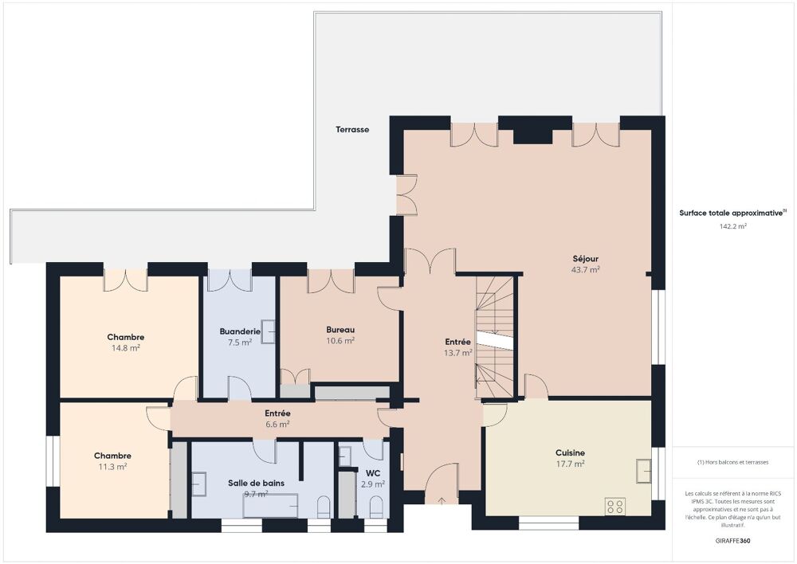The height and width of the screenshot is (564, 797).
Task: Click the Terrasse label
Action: point(351,129)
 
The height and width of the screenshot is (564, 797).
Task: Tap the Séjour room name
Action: point(584,258)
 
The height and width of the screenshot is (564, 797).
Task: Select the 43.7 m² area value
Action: point(584,270)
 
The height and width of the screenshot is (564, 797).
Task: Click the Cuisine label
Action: point(570,452)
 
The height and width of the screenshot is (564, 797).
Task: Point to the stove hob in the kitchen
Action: point(614,506)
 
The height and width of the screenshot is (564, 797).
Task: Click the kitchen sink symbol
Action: point(643,468)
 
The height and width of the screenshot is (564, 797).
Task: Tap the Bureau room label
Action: point(340,330)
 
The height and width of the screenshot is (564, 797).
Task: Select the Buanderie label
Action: point(240,331)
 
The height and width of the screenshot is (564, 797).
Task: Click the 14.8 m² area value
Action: point(125,348)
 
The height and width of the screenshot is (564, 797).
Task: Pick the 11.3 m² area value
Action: point(112,467)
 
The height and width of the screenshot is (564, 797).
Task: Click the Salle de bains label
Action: point(256,483)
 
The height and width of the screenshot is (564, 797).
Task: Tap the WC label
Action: point(372,472)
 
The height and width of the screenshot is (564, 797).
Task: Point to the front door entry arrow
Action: point(442,500)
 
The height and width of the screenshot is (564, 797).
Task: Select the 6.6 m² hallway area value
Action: point(277,425)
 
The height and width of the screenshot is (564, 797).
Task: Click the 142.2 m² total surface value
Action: point(732,226)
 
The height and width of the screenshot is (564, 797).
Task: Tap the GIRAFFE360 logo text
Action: point(732,541)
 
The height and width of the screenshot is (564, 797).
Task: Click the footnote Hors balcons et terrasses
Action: point(732,462)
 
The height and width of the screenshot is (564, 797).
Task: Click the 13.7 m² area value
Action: point(458,353)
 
